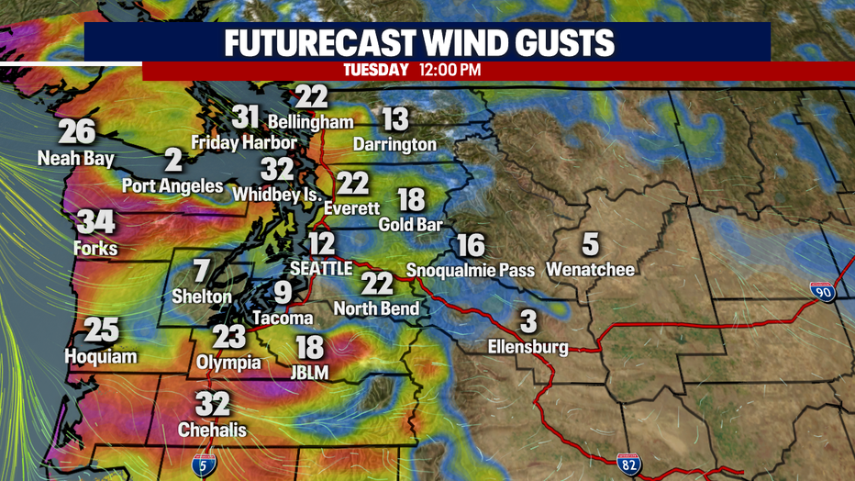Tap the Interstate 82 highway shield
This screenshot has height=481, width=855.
coord(627,464)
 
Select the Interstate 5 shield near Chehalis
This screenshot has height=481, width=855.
coord(208,465)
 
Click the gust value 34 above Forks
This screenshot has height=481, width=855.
coord(96,223)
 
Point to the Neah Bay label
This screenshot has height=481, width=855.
coord(76,159)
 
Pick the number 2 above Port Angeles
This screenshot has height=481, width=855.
coord(173,162)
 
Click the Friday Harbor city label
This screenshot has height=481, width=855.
coord(243,142)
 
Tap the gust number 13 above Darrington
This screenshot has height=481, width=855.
coord(394,119)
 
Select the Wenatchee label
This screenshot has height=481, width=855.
coord(590,270)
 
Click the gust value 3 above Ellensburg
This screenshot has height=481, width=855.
coord(527,322)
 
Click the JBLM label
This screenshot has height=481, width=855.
coord(310,372)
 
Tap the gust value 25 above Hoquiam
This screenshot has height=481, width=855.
coord(101,330)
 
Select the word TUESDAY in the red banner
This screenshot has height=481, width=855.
coord(375,70)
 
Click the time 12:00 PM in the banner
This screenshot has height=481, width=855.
coord(450,70)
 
